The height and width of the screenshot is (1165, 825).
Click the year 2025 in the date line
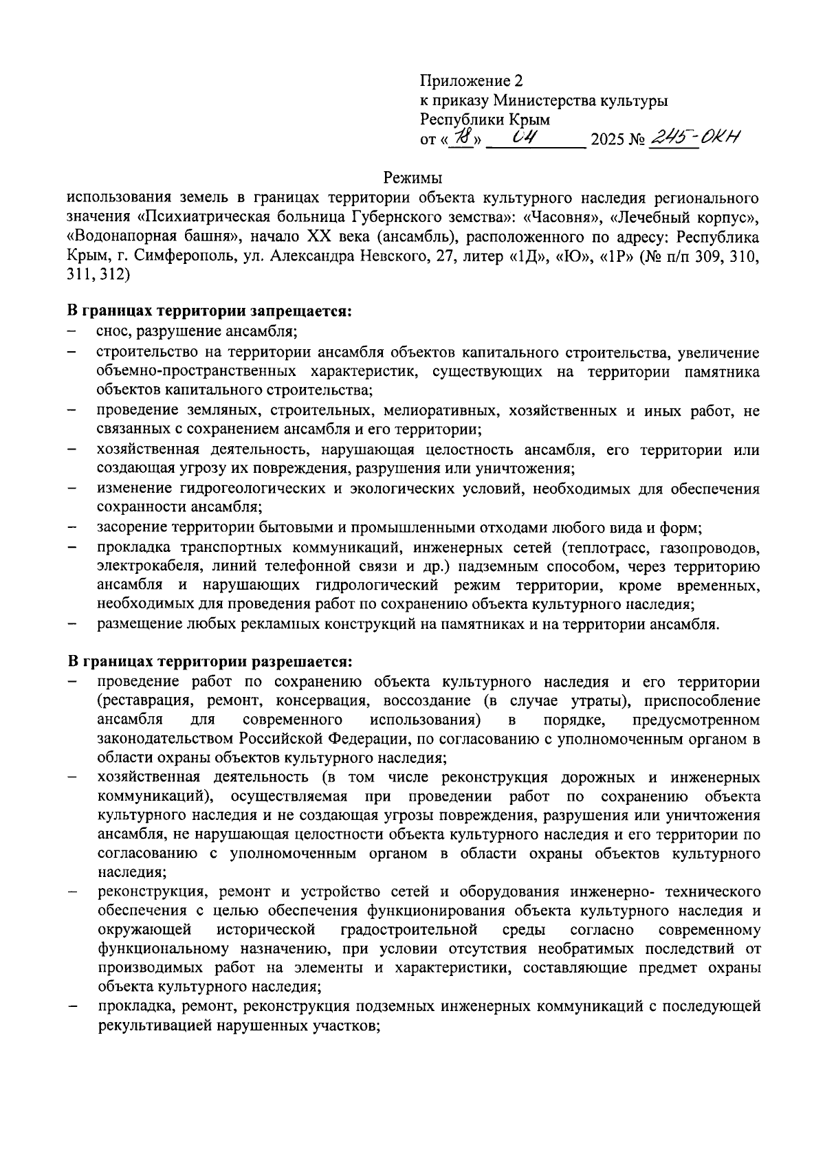(x=606, y=141)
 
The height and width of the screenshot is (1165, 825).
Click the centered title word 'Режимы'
(x=412, y=179)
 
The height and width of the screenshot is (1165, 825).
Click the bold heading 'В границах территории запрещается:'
(x=209, y=311)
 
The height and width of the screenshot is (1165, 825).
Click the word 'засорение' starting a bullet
(x=131, y=528)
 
